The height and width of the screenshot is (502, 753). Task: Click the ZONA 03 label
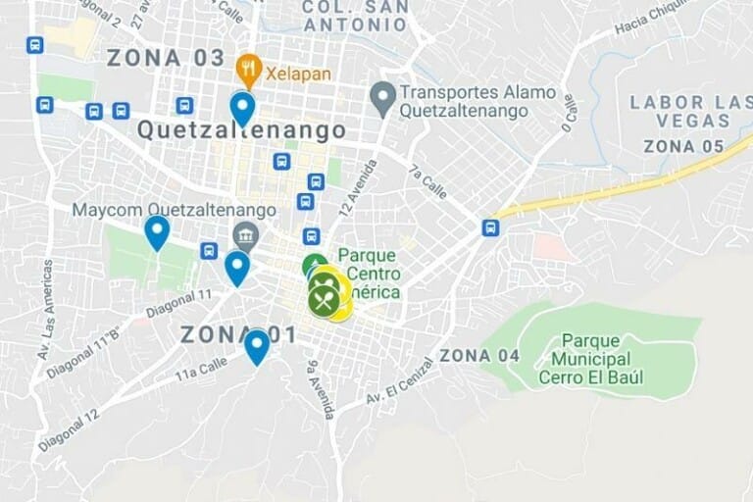click(166, 57)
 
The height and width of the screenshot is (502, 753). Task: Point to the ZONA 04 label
click(479, 355)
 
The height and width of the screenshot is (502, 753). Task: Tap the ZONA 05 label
click(683, 147)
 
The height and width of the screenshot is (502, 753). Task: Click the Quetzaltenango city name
click(241, 130)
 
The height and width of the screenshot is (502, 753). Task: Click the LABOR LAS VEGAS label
click(680, 111)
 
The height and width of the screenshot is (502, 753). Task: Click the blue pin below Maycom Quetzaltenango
click(157, 232)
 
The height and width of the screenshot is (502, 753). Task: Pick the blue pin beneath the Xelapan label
click(242, 108)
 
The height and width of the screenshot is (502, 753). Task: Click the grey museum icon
click(245, 234)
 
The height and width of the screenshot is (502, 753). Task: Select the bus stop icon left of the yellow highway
click(490, 227)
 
